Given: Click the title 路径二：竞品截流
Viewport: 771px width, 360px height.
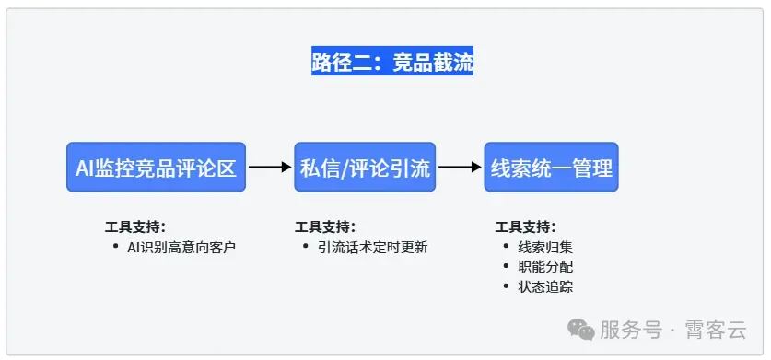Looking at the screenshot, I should [x=392, y=62].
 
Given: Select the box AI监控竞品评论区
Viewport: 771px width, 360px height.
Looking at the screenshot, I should [x=157, y=167].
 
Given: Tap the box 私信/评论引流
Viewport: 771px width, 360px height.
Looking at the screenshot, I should [x=366, y=167].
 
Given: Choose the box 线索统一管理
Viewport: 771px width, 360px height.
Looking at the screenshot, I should [x=551, y=167].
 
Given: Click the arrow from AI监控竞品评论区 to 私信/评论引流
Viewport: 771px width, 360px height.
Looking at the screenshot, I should [x=269, y=167].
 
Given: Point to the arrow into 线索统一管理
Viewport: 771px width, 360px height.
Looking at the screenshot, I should [x=461, y=167].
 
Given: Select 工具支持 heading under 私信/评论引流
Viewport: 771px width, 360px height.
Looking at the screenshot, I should [x=325, y=226].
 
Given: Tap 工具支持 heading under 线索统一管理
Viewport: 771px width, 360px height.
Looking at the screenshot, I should [x=526, y=226].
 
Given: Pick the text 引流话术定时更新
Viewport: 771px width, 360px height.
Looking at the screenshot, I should [x=372, y=247].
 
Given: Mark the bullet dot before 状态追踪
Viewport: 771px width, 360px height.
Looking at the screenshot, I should [x=506, y=286].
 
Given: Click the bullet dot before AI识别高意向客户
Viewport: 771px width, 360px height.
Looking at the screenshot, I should [x=115, y=247].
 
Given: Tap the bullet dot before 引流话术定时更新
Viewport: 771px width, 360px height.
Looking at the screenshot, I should [x=306, y=247].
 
